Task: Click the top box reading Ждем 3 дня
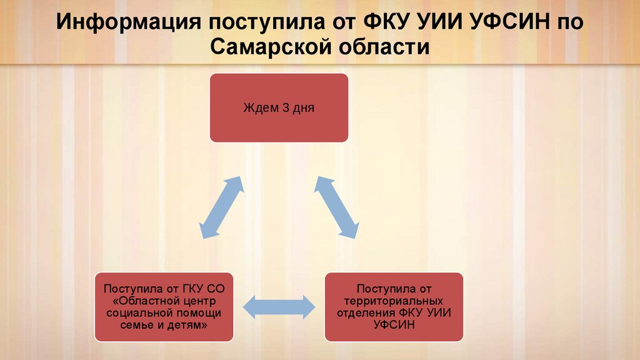278,107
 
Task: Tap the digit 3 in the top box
286,107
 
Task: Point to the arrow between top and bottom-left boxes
222,206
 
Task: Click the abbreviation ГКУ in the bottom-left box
195,289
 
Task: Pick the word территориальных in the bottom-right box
394,301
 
